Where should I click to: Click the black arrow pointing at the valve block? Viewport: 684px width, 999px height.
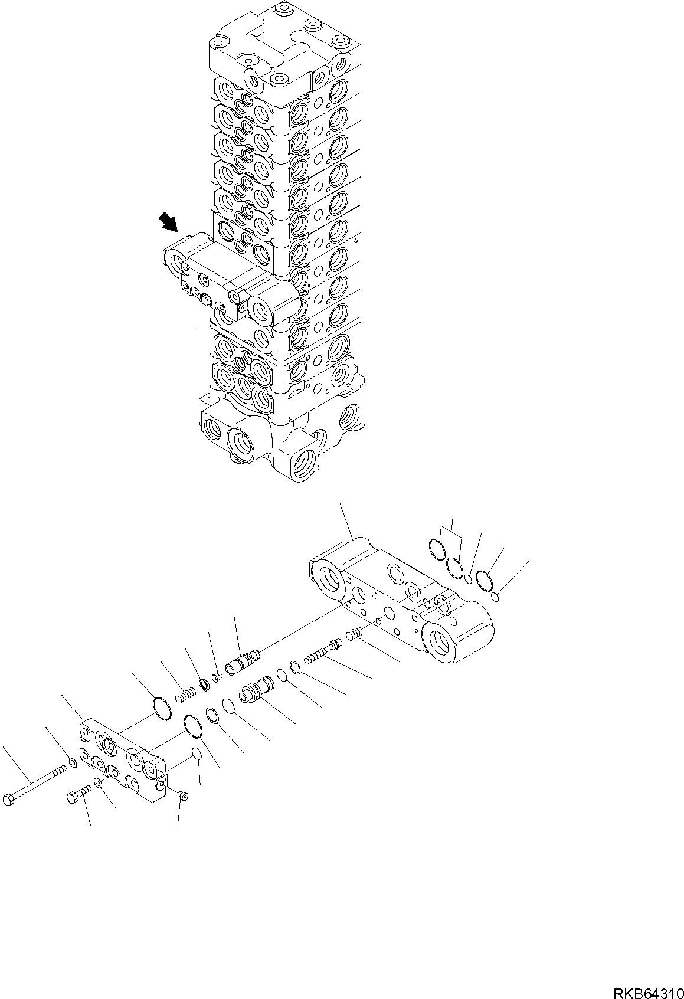tap(168, 223)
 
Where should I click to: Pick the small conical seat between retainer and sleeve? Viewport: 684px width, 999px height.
tap(217, 676)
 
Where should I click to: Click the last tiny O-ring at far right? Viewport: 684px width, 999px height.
tap(496, 598)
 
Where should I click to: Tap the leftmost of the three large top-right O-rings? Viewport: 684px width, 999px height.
tap(436, 549)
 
